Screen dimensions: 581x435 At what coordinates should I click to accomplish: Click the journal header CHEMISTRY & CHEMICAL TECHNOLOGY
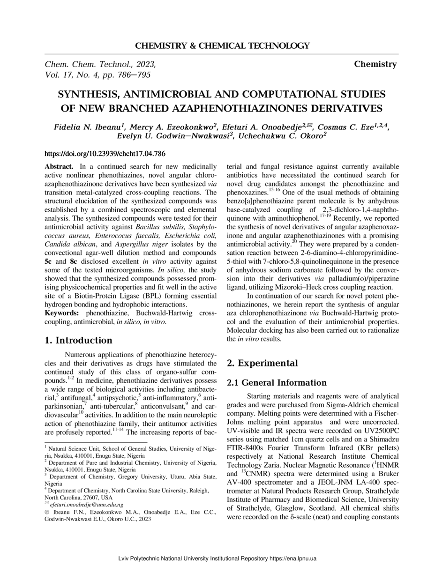222,46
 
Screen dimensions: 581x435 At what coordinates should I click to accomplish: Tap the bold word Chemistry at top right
375,64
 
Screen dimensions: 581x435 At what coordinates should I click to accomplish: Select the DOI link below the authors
105,153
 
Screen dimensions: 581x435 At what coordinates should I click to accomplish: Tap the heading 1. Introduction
78,340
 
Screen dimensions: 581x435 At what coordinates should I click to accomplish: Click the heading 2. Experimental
262,363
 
